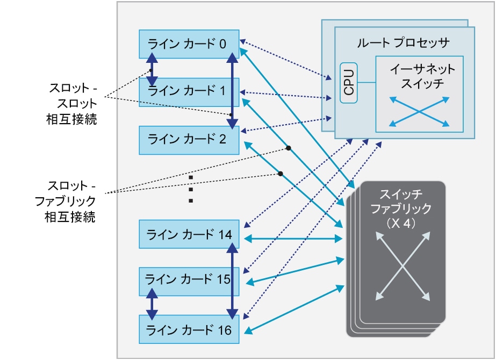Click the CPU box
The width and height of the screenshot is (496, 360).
pyautogui.click(x=349, y=82)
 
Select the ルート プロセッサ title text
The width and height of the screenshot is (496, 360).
pyautogui.click(x=402, y=42)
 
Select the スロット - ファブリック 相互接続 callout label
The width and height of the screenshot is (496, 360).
pyautogui.click(x=72, y=202)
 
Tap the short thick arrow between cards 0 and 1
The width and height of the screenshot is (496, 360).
pyautogui.click(x=152, y=70)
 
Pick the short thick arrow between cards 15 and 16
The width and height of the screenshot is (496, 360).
pyautogui.click(x=152, y=304)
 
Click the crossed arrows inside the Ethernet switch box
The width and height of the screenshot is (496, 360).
pyautogui.click(x=419, y=112)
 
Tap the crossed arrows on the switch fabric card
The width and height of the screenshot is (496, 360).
pyautogui.click(x=403, y=266)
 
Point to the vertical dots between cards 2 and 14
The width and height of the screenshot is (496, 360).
pyautogui.click(x=191, y=189)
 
